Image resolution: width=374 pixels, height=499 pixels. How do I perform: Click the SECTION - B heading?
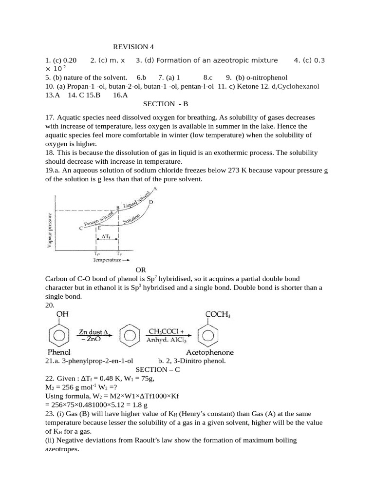pyautogui.click(x=166, y=104)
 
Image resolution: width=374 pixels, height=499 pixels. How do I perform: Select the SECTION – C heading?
pyautogui.click(x=158, y=370)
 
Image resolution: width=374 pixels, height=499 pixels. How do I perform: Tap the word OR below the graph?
pyautogui.click(x=140, y=270)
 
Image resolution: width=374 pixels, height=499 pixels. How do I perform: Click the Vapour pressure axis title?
pyautogui.click(x=50, y=230)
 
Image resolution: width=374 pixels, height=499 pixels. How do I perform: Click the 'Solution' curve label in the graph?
pyautogui.click(x=132, y=219)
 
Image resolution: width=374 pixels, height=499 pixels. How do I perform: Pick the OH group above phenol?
pyautogui.click(x=62, y=314)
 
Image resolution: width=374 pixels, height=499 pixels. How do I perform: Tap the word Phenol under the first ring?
pyautogui.click(x=59, y=352)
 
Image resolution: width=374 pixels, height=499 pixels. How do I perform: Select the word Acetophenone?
pyautogui.click(x=210, y=352)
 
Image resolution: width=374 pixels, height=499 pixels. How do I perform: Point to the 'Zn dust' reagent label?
pyautogui.click(x=92, y=331)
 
